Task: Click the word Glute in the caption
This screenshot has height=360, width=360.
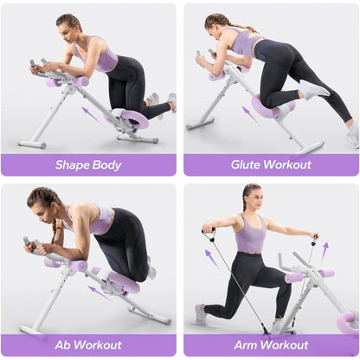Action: pyautogui.click(x=246, y=164)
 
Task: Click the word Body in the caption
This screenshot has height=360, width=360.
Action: pyautogui.click(x=106, y=165)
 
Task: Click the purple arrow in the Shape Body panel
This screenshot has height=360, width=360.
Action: pyautogui.click(x=90, y=114)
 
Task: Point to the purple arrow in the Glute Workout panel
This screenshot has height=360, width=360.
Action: pyautogui.click(x=250, y=114)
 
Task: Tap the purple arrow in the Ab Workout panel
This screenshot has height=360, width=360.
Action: pyautogui.click(x=98, y=292)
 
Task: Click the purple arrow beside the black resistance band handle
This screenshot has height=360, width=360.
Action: pyautogui.click(x=211, y=257)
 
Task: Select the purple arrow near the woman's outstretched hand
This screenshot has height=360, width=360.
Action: pyautogui.click(x=325, y=251)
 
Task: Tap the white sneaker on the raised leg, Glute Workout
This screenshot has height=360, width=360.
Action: pyautogui.click(x=313, y=89)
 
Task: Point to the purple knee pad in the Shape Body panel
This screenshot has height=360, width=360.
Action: pyautogui.click(x=135, y=119)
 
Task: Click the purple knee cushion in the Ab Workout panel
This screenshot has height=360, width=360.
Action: pyautogui.click(x=124, y=282)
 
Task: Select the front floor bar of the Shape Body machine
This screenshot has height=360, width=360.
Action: pyautogui.click(x=32, y=144)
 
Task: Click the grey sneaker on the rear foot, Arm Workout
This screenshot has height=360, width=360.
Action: pyautogui.click(x=201, y=314)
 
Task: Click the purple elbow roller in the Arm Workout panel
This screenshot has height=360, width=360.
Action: pyautogui.click(x=294, y=278)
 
